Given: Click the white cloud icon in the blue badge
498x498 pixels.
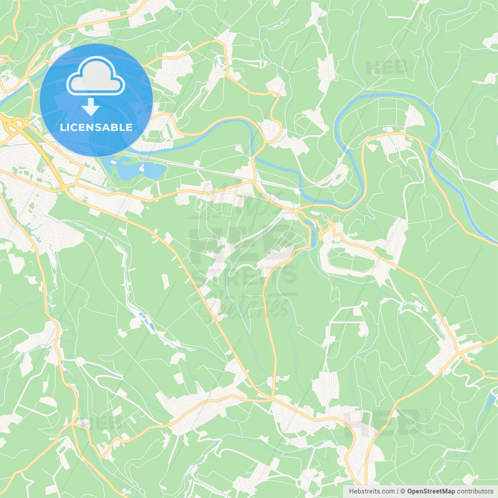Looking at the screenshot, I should (96, 76).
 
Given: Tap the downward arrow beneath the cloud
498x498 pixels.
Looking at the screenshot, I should (91, 107).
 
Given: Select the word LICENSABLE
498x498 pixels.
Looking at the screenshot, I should (96, 127).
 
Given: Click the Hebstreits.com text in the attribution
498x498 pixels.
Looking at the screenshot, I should (372, 491).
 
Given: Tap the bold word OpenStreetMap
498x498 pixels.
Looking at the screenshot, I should (431, 491).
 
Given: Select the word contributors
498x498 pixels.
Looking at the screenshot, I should (475, 491).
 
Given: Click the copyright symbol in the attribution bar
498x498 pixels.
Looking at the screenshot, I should (403, 491).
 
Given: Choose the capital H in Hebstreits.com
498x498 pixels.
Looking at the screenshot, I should (351, 491).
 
